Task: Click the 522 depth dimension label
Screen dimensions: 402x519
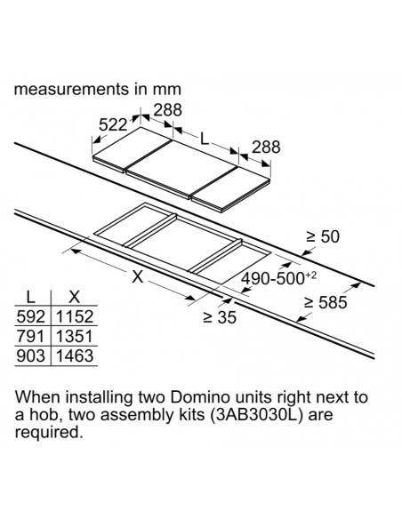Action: [x=113, y=125]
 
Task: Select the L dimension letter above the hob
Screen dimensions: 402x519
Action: [x=205, y=140]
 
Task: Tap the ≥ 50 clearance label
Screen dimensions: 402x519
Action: [x=323, y=237]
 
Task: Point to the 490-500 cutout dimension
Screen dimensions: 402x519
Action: [x=278, y=278]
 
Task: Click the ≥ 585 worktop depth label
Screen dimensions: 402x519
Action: [x=326, y=302]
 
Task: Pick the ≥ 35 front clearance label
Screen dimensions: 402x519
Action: [x=220, y=317]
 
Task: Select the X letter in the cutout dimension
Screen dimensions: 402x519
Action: [x=138, y=276]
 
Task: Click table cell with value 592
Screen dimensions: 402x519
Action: [x=30, y=316]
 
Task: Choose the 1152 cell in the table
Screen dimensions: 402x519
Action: [x=75, y=316]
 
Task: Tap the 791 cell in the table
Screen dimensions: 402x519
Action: [x=30, y=336]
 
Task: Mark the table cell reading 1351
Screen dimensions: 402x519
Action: [x=75, y=336]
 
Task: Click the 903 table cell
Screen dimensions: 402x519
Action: [x=30, y=356]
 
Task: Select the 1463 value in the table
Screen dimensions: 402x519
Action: [x=75, y=356]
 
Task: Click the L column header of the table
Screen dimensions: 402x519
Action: [x=30, y=297]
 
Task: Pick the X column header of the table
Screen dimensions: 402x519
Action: [x=74, y=297]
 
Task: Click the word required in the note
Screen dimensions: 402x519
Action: [x=48, y=433]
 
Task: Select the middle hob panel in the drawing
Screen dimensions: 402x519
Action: [x=181, y=169]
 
